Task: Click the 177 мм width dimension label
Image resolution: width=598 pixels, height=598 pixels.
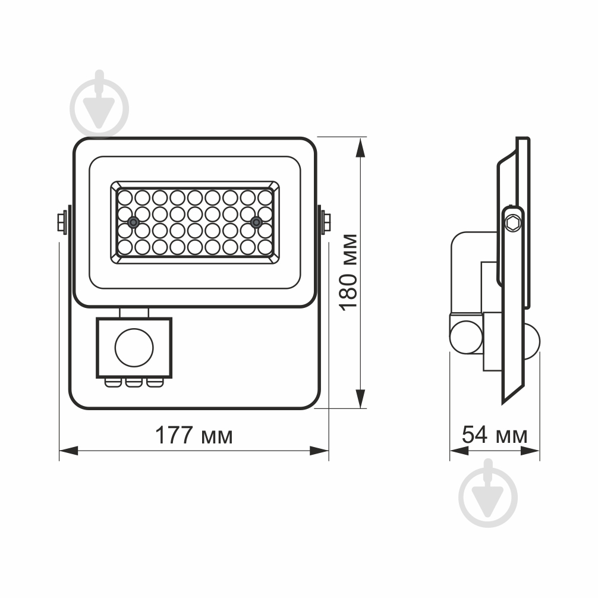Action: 194,436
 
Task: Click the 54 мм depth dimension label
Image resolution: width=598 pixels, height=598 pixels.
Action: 495,435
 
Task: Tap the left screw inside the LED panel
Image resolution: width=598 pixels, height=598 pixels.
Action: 134,222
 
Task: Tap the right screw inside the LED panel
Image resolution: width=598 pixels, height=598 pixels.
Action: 256,222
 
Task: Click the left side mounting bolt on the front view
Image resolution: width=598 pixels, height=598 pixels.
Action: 61,222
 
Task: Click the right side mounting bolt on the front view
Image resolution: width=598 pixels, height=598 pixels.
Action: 326,222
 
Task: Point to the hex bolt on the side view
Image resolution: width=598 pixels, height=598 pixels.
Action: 514,224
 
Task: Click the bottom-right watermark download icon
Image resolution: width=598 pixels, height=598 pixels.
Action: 489,495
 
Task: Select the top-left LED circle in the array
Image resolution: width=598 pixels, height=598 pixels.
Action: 125,197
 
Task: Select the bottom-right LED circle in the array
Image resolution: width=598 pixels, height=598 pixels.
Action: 265,246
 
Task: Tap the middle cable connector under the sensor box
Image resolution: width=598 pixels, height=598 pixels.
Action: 134,382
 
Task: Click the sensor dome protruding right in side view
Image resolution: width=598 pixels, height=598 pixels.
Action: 533,343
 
